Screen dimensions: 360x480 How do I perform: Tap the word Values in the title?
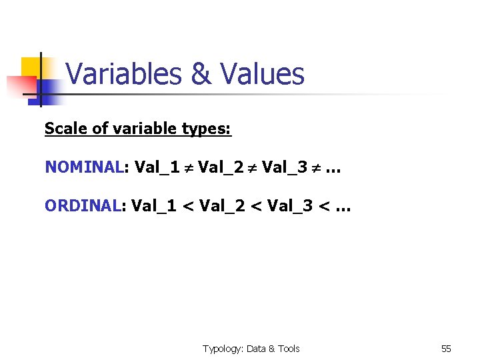261,74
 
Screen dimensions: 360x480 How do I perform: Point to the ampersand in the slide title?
201,74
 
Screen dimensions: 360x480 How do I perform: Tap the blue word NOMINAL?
84,167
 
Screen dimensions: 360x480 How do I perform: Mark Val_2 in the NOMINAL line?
219,167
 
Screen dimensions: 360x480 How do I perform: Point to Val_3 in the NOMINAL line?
284,167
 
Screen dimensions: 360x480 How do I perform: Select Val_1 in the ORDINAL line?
154,206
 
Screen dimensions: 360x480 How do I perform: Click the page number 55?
446,349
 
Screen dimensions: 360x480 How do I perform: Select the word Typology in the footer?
223,349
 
